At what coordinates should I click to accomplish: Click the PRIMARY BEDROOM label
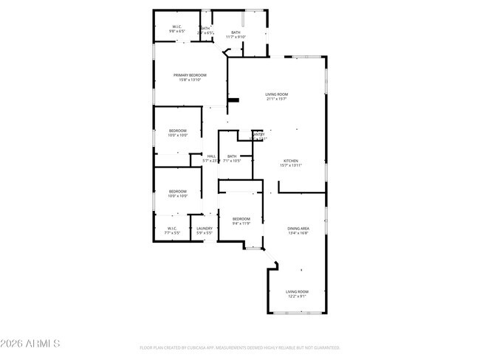190,75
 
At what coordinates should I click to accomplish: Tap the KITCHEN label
291,161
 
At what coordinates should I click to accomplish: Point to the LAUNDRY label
205,229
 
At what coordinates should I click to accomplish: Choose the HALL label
211,156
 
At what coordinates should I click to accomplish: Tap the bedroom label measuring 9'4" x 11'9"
241,218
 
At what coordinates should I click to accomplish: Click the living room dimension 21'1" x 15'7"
277,99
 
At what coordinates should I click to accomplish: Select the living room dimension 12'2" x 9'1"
298,297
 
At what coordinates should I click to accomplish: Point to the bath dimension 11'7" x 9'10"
236,37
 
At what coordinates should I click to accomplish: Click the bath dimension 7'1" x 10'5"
233,161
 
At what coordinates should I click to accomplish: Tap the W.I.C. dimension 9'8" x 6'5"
177,32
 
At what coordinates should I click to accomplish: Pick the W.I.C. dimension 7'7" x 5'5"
171,233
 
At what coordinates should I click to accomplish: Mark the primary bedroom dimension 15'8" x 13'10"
190,80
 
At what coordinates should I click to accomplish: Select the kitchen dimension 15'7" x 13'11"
291,165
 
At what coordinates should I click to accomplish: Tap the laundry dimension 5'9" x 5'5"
205,233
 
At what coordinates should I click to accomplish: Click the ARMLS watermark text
31,344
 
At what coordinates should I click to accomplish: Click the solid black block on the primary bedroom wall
233,101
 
